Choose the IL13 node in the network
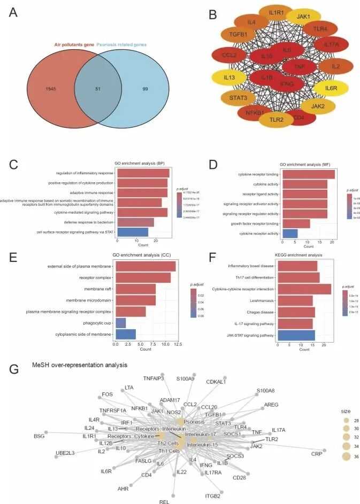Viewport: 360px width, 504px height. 229,77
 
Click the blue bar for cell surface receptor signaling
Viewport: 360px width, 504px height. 132,231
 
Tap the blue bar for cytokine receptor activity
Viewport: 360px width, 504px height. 289,234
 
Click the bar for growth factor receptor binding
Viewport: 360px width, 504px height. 295,223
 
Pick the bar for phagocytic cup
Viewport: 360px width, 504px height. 120,322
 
